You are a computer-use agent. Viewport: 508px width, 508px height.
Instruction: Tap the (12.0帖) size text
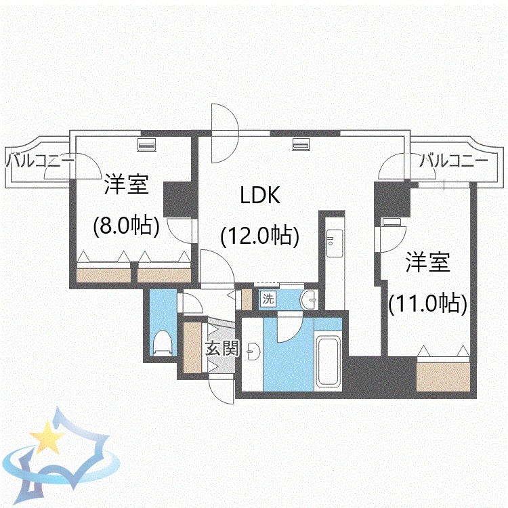point(260,235)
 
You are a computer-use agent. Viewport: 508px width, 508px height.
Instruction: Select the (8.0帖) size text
point(126,226)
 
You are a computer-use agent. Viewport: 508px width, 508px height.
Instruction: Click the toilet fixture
point(163,342)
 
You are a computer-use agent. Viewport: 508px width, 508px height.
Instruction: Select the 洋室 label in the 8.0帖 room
point(126,185)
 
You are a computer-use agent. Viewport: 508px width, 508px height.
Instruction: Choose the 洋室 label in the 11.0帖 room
point(428,263)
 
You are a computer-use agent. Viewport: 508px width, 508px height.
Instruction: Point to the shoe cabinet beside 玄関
point(193,347)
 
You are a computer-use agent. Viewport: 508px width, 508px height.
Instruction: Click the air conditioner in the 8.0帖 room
point(147,144)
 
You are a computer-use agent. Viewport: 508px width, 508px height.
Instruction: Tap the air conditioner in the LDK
point(301,144)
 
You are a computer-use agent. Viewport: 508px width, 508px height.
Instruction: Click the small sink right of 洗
point(308,299)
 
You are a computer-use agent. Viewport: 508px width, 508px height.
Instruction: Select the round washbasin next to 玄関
point(252,352)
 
